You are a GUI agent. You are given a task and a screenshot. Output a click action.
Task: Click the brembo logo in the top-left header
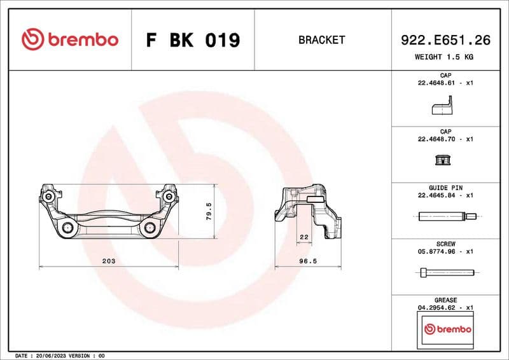(x=70, y=39)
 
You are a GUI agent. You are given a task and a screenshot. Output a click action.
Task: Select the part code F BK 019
(x=193, y=40)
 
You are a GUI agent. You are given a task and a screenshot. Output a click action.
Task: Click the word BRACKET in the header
(x=321, y=40)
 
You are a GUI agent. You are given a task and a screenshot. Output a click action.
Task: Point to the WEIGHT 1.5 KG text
(x=444, y=57)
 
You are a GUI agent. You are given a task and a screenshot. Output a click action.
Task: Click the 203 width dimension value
(x=109, y=261)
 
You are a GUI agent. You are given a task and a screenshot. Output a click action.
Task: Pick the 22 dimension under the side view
(x=303, y=237)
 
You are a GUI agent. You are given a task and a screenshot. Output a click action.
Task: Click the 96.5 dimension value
(x=309, y=261)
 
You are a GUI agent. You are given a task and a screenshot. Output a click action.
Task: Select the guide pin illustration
(x=445, y=216)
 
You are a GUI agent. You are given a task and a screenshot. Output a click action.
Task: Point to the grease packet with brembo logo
(x=447, y=329)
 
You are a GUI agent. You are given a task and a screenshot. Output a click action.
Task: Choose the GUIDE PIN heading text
(x=445, y=188)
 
